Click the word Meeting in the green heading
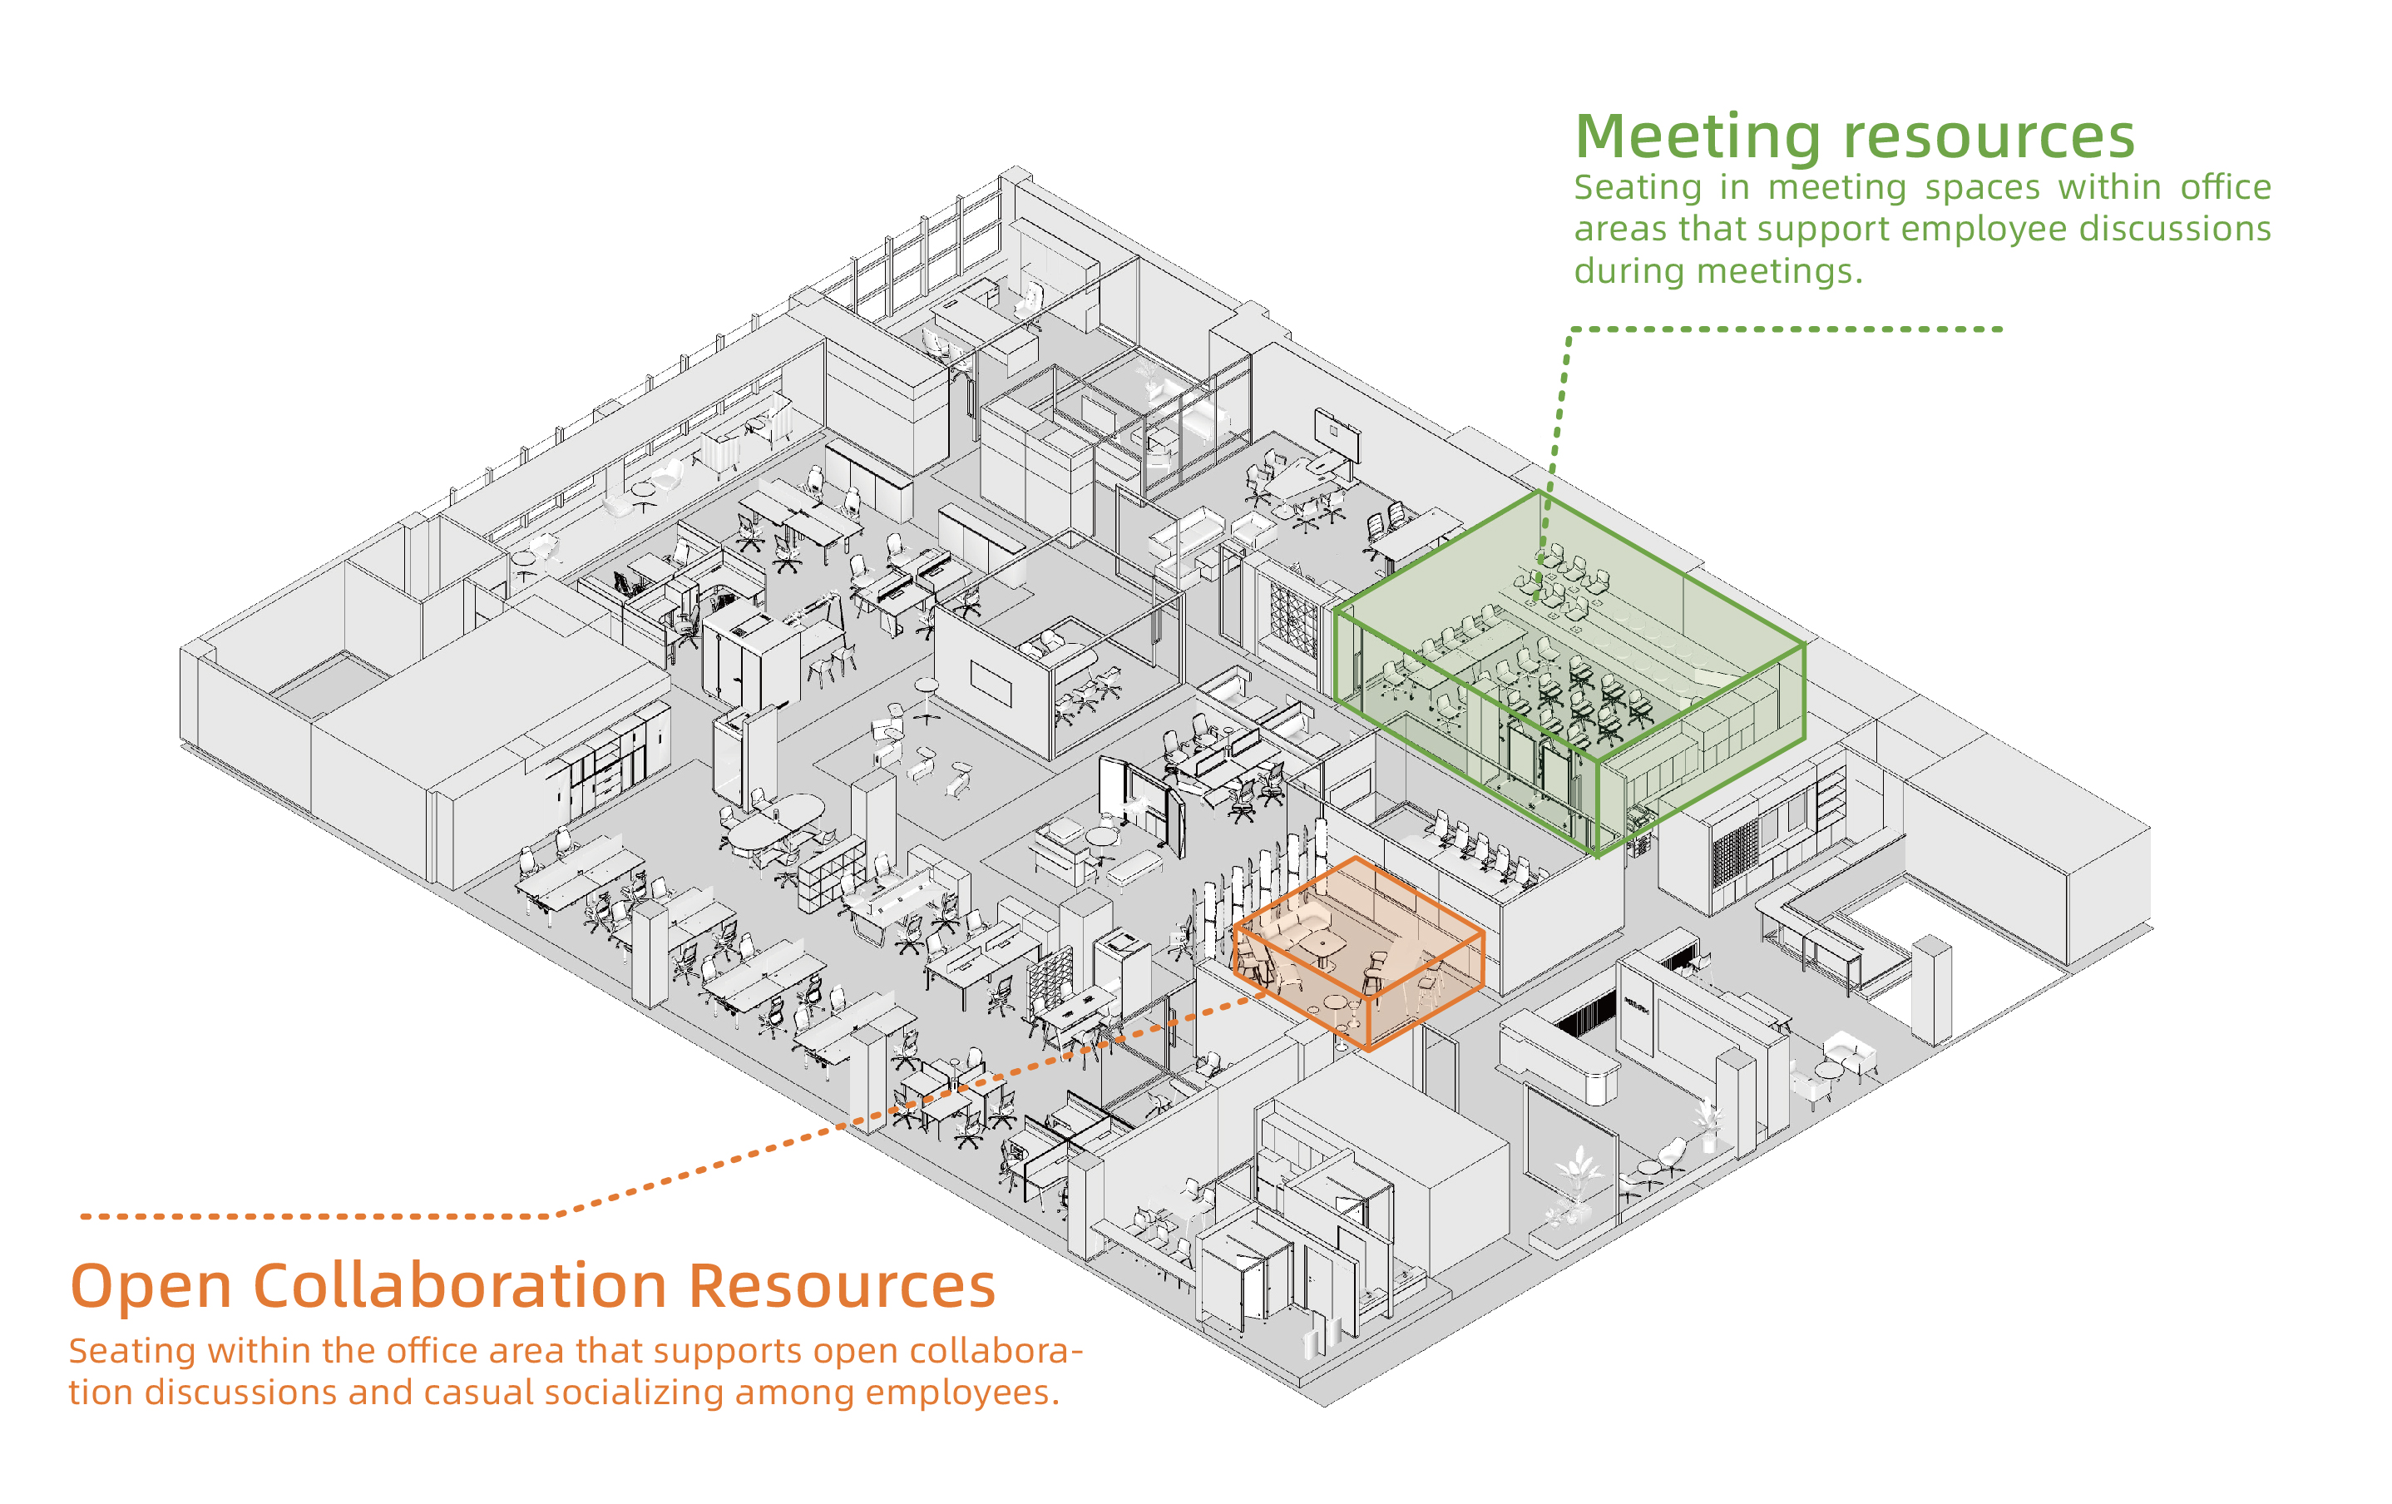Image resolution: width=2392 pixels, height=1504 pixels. click(1698, 136)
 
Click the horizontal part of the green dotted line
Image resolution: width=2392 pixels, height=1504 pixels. click(1788, 329)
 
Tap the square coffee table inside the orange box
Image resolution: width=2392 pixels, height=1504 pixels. click(1326, 943)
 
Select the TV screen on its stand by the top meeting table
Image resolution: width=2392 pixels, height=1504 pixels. click(1336, 432)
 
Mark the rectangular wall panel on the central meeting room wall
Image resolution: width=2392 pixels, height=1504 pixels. click(991, 684)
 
